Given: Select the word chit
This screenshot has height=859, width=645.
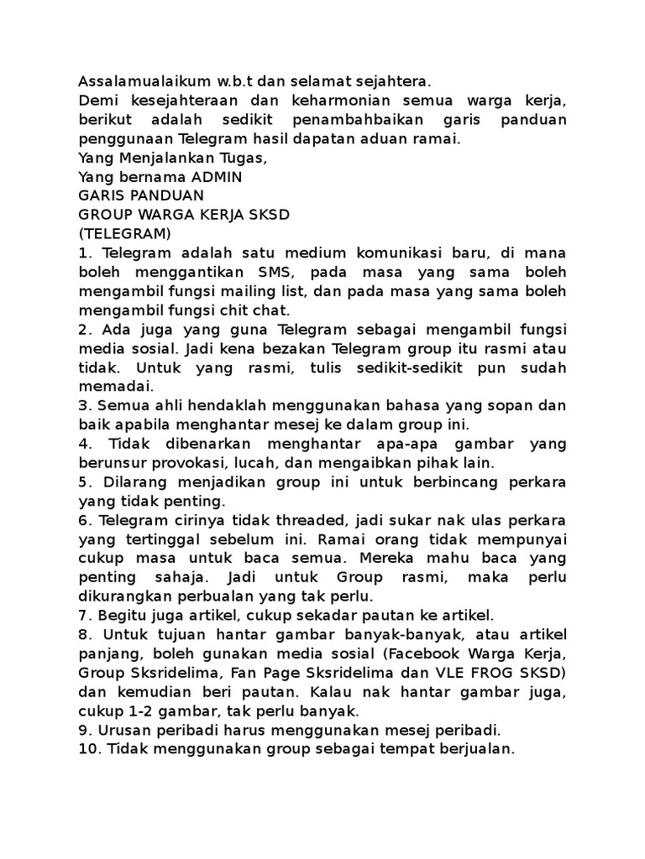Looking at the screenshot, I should [x=223, y=310].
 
